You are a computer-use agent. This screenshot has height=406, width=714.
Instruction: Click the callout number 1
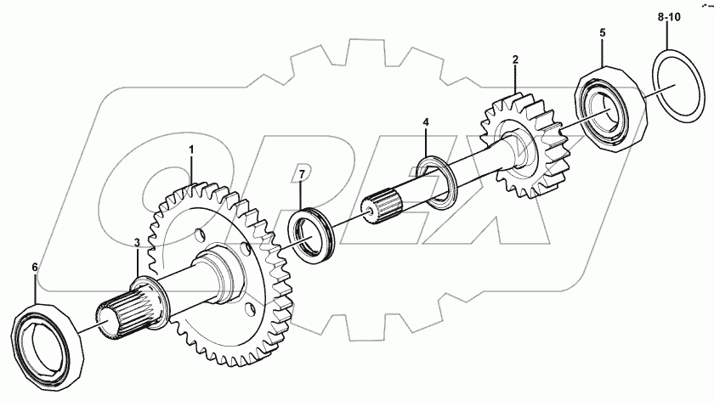coord(191,149)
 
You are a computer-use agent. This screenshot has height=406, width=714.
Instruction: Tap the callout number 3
coord(136,244)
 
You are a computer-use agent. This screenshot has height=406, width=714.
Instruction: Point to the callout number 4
coord(427,122)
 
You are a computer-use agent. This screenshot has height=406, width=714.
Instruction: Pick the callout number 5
coord(603,32)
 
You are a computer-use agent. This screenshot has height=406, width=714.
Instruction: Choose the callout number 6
coord(35,267)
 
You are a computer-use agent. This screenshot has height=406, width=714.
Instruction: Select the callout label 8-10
coord(668,16)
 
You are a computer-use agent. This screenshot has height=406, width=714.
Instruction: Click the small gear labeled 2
coord(523,144)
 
